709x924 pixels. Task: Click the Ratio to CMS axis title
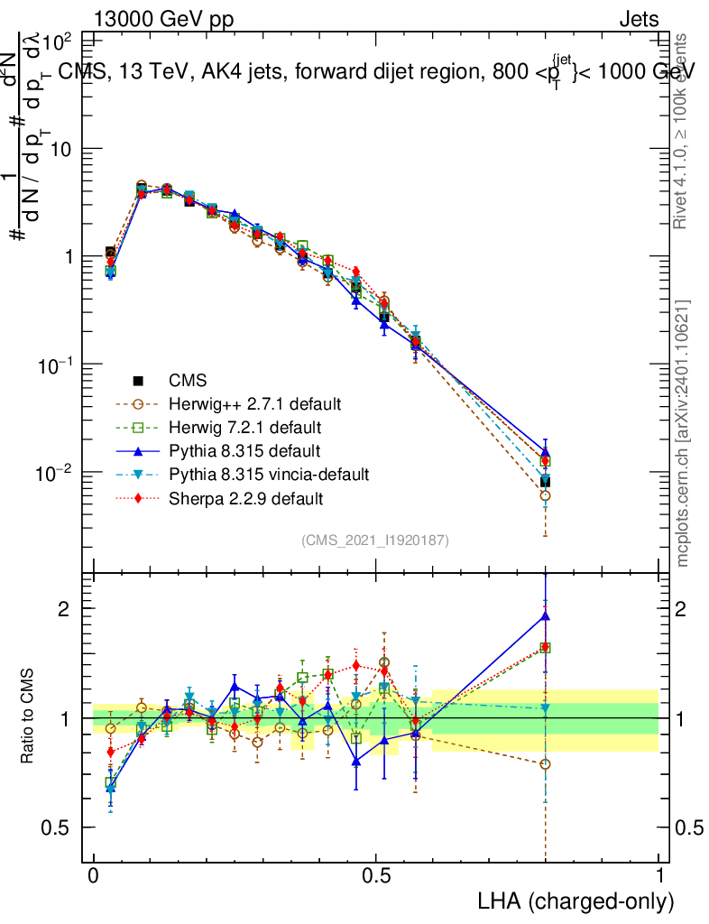(x=29, y=716)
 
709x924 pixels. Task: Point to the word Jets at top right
(x=639, y=20)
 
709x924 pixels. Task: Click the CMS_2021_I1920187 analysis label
(x=375, y=541)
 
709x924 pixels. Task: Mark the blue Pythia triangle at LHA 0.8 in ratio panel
(x=546, y=616)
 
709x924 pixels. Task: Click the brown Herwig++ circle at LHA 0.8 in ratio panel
(x=546, y=764)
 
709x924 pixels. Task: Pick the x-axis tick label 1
(x=659, y=876)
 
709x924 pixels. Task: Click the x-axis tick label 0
(x=94, y=876)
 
